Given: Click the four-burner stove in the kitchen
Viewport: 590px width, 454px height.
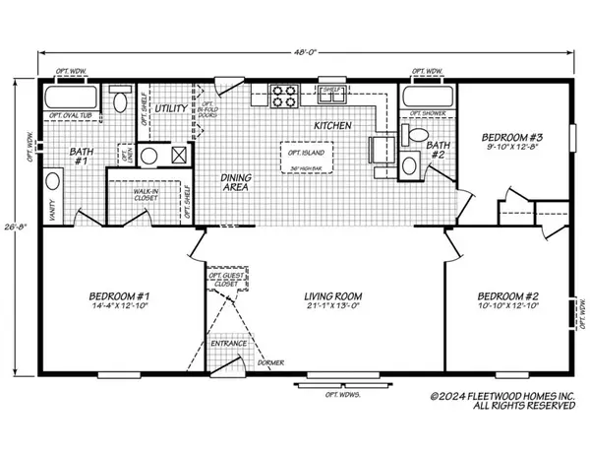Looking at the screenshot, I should click(x=285, y=97).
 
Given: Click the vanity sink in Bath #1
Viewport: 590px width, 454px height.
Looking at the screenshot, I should click(x=52, y=184).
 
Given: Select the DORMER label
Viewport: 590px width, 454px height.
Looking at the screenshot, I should click(x=272, y=363).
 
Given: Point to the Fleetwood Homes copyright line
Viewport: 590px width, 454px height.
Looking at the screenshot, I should click(x=502, y=396).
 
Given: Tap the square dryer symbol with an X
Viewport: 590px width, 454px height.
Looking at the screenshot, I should click(x=179, y=155).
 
